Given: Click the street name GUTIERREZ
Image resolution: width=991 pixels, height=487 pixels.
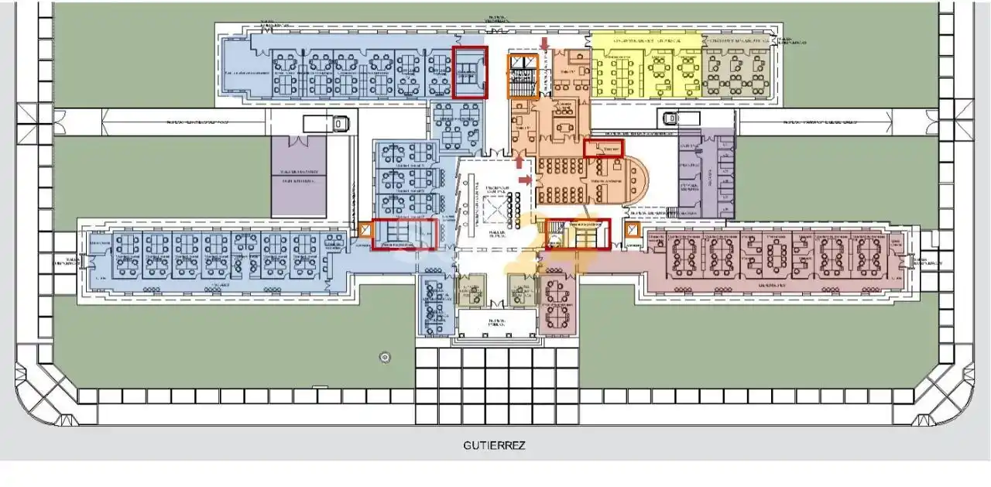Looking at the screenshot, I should [494, 445].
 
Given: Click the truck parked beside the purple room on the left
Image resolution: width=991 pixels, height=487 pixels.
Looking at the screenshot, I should [324, 122].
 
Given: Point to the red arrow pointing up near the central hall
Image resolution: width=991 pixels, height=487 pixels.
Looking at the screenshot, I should [519, 159].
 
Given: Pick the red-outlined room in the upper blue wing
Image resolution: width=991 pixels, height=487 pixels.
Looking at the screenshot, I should [470, 71].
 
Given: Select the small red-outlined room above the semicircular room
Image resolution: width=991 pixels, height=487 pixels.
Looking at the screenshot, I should [604, 147].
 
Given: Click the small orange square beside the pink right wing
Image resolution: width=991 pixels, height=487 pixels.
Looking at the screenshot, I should [631, 230].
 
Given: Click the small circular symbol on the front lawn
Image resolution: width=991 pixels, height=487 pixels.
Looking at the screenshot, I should [385, 357].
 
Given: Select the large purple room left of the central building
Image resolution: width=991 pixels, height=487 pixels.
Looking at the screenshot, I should [299, 176].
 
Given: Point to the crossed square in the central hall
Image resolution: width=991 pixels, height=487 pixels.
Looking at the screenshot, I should [494, 207].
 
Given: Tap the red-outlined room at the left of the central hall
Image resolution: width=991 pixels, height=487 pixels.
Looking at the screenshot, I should [401, 234].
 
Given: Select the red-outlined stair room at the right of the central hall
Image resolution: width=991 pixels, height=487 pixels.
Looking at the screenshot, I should [578, 234].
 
